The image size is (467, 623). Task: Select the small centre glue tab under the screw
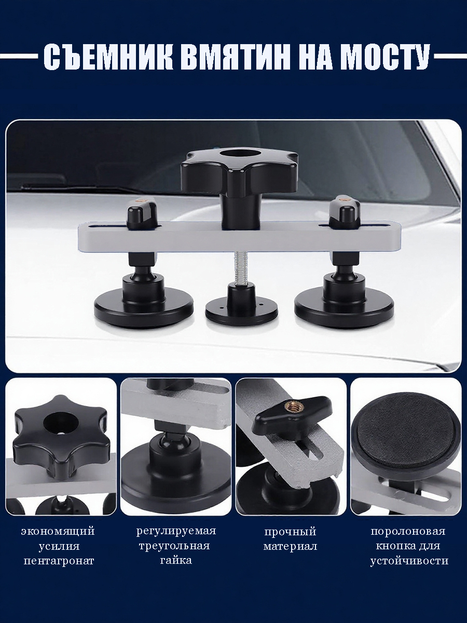pyautogui.click(x=242, y=309)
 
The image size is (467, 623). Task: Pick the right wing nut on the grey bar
pyautogui.click(x=343, y=210)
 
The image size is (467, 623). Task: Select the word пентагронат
pyautogui.click(x=59, y=561)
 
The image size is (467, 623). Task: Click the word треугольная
pyautogui.click(x=174, y=546)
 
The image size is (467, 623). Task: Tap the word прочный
pyautogui.click(x=290, y=532)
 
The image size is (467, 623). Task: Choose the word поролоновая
pyautogui.click(x=408, y=531)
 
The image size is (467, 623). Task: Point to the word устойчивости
pyautogui.click(x=409, y=561)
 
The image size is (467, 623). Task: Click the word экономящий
pyautogui.click(x=58, y=532)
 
